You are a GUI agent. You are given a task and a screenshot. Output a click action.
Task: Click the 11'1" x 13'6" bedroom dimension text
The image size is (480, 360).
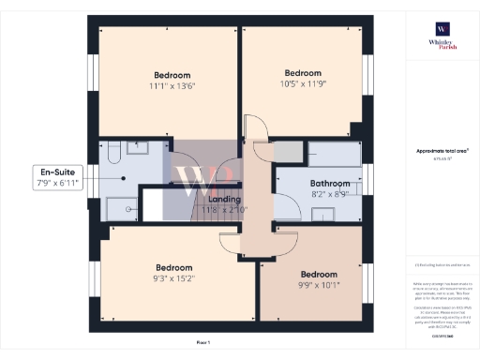point(172,86)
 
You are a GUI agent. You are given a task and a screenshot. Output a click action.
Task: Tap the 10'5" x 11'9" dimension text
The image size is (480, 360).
point(303,84)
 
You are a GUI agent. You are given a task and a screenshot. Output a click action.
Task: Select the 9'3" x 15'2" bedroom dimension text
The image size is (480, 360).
point(172,277)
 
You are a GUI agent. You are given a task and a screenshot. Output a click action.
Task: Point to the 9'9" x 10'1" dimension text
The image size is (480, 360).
point(319,286)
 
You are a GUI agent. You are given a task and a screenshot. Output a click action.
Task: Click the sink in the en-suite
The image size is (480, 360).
point(138,147)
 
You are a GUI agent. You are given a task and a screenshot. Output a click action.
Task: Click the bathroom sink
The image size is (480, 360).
point(324,215)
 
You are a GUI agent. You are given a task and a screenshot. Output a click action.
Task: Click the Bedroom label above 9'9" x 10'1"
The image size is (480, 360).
point(319,275)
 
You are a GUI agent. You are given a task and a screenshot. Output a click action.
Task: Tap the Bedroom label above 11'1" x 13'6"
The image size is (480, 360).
point(172,75)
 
